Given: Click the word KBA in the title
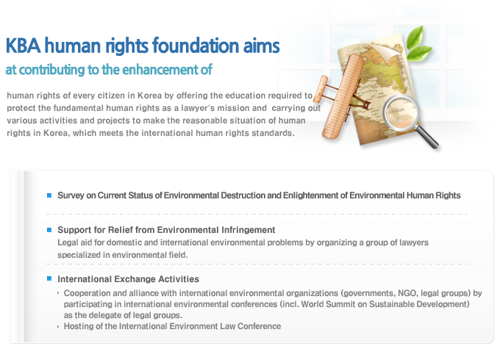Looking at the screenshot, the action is [23, 46].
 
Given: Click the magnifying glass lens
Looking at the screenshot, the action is [401, 112].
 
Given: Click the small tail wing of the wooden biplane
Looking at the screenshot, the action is [321, 89].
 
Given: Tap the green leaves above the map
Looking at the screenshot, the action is [419, 43].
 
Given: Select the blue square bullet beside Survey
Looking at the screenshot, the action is [49, 195].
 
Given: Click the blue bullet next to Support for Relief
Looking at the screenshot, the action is [49, 230].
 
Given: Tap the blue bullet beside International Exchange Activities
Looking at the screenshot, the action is [49, 278].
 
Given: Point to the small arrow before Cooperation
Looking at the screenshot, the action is [58, 293].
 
